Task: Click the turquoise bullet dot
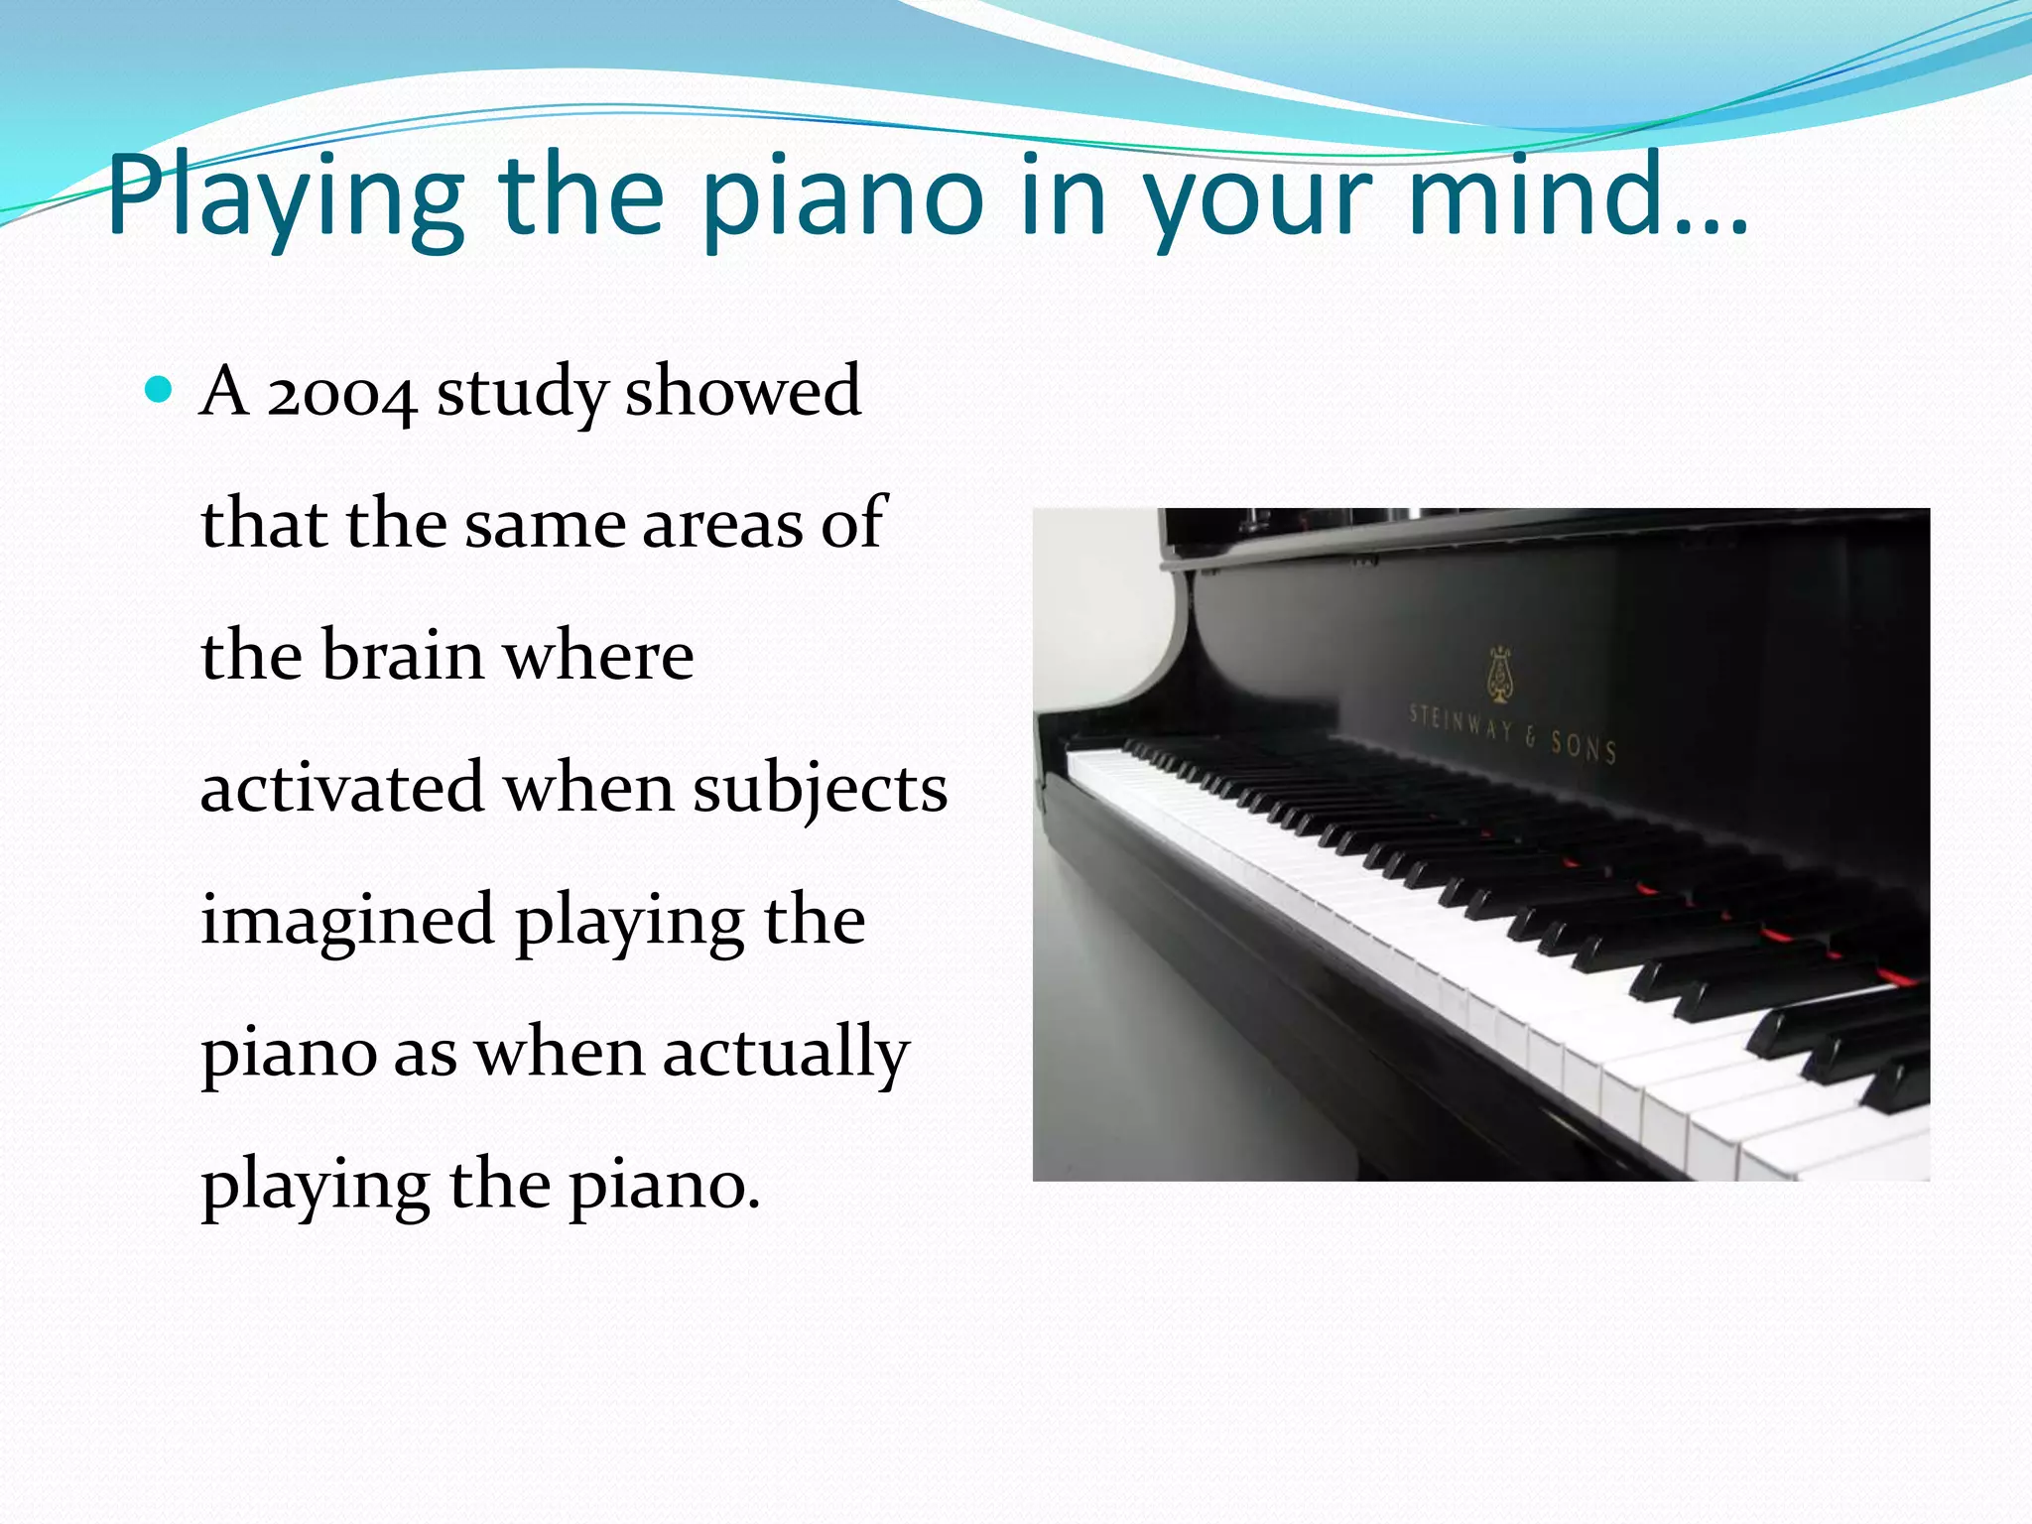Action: coord(159,388)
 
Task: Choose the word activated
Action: coord(342,788)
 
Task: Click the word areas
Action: coord(722,524)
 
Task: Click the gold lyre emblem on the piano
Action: coord(1501,675)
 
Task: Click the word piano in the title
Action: coord(843,198)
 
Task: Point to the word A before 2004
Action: coord(224,391)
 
